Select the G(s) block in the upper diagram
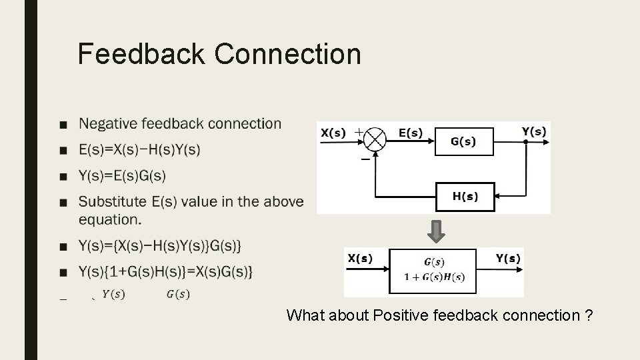coord(464,141)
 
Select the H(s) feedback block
coord(465,196)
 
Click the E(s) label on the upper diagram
coord(410,133)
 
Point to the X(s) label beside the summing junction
coord(333,133)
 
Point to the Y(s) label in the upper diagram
coord(533,131)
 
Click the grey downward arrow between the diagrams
coord(436,231)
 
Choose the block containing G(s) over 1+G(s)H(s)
coord(433,271)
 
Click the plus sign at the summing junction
coord(359,132)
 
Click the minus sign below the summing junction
coord(365,160)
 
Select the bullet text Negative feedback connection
coord(180,123)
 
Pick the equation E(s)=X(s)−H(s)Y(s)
coord(139,150)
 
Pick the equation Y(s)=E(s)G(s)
coord(122,176)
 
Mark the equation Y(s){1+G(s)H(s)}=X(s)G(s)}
coord(165,272)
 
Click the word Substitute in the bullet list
coord(111,201)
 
